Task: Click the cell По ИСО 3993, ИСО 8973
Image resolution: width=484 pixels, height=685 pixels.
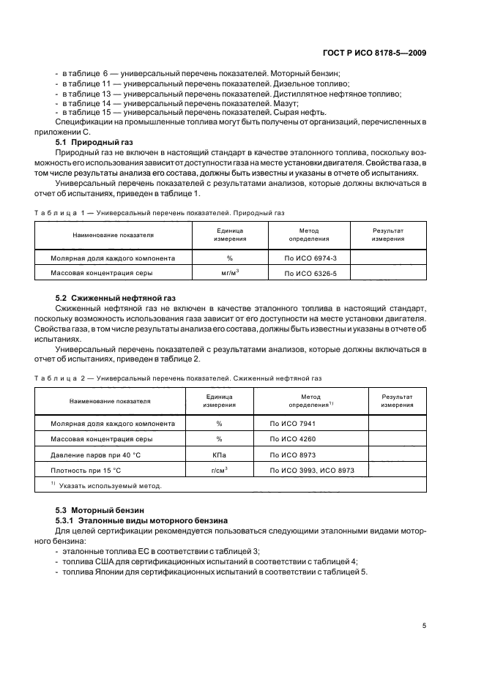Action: pos(312,470)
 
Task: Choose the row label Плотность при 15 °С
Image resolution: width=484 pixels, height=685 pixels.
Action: pos(86,470)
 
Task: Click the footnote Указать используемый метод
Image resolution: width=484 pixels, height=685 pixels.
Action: pos(110,485)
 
